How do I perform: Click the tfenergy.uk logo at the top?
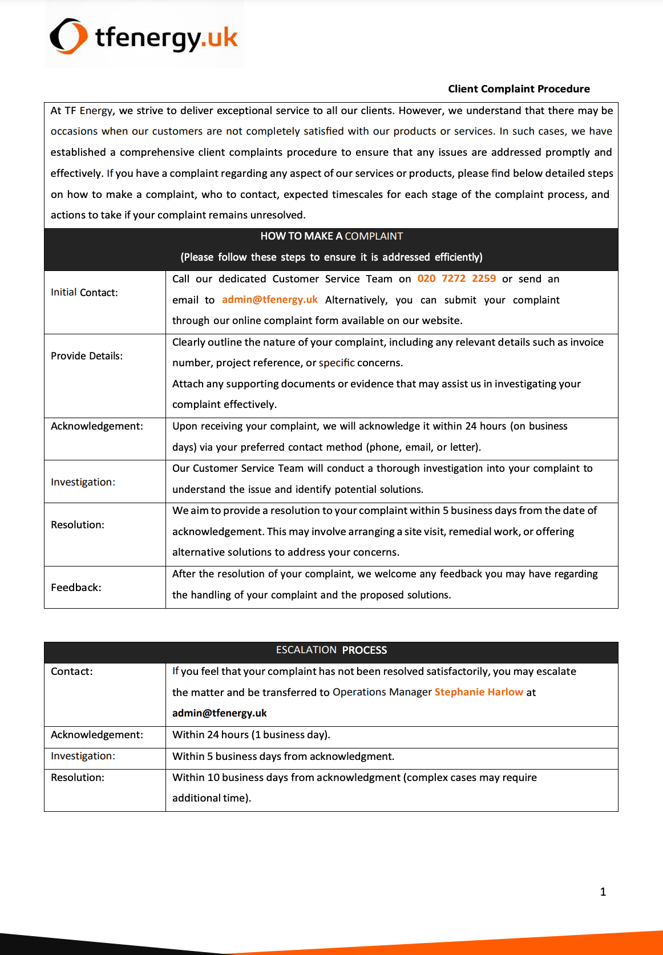(x=144, y=36)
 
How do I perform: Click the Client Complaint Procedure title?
(x=519, y=89)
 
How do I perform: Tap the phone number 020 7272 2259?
(x=456, y=278)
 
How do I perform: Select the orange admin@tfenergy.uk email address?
(x=269, y=300)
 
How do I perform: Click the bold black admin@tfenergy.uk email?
(x=220, y=713)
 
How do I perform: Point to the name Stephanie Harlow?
(x=479, y=692)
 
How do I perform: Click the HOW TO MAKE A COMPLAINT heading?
(x=331, y=236)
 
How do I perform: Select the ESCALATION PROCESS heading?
(x=331, y=650)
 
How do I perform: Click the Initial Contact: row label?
(x=84, y=293)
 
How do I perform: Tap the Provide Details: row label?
(x=87, y=356)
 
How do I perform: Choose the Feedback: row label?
(x=76, y=588)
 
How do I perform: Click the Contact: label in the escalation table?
(x=71, y=671)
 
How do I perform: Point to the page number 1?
(x=603, y=892)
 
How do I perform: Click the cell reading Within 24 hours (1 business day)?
(x=251, y=735)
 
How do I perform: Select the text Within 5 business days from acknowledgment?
(x=283, y=756)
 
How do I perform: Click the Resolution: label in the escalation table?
(x=78, y=778)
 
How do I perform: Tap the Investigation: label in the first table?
(x=83, y=482)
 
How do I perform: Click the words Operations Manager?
(x=382, y=692)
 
